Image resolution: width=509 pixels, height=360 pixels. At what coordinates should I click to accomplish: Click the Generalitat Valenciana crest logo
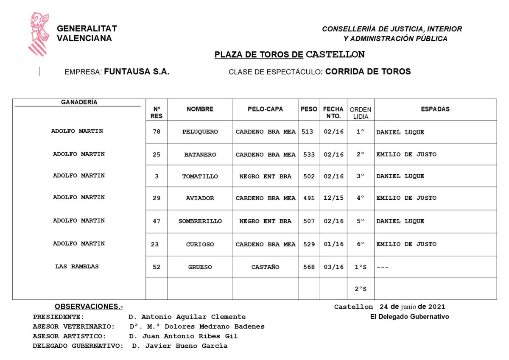click(x=39, y=34)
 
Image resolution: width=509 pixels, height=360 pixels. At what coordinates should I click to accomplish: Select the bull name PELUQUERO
click(x=200, y=132)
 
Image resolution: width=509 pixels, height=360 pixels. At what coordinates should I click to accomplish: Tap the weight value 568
click(x=308, y=267)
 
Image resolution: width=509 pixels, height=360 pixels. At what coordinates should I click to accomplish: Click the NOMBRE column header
click(x=200, y=109)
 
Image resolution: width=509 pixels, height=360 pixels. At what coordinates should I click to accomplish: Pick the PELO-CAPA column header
click(x=265, y=109)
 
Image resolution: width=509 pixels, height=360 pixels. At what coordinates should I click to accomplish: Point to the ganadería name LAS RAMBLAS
click(x=77, y=267)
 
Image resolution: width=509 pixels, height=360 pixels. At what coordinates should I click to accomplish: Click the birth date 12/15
click(x=333, y=198)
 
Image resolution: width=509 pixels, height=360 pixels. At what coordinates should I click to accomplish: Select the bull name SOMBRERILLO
click(x=200, y=221)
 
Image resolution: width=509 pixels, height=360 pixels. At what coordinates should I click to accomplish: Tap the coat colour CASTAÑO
click(x=265, y=267)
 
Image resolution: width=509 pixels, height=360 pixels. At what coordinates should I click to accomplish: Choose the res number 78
click(x=157, y=132)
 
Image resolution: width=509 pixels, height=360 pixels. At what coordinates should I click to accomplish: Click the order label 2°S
click(x=361, y=289)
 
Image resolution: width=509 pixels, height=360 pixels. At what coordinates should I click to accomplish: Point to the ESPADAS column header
click(x=435, y=109)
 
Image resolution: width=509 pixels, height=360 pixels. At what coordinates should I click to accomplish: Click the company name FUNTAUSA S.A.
click(x=137, y=72)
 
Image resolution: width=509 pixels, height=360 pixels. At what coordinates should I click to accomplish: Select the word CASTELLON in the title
click(x=335, y=55)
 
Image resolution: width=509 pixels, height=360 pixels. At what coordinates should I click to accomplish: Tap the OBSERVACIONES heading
click(x=89, y=307)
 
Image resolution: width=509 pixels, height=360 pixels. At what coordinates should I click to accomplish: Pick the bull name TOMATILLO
click(x=200, y=176)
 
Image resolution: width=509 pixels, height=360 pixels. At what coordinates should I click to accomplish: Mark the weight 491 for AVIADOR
click(x=308, y=198)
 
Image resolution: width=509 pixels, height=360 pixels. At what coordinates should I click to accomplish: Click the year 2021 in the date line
click(x=437, y=307)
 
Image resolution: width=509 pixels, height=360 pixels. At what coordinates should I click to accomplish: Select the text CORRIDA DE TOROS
click(x=368, y=72)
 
